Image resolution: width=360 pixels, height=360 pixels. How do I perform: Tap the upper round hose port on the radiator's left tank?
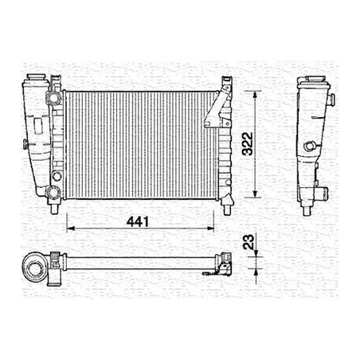[x=54, y=97]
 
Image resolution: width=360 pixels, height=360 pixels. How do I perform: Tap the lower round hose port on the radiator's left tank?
[x=53, y=191]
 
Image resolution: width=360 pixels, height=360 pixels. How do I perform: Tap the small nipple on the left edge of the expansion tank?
[x=24, y=144]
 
